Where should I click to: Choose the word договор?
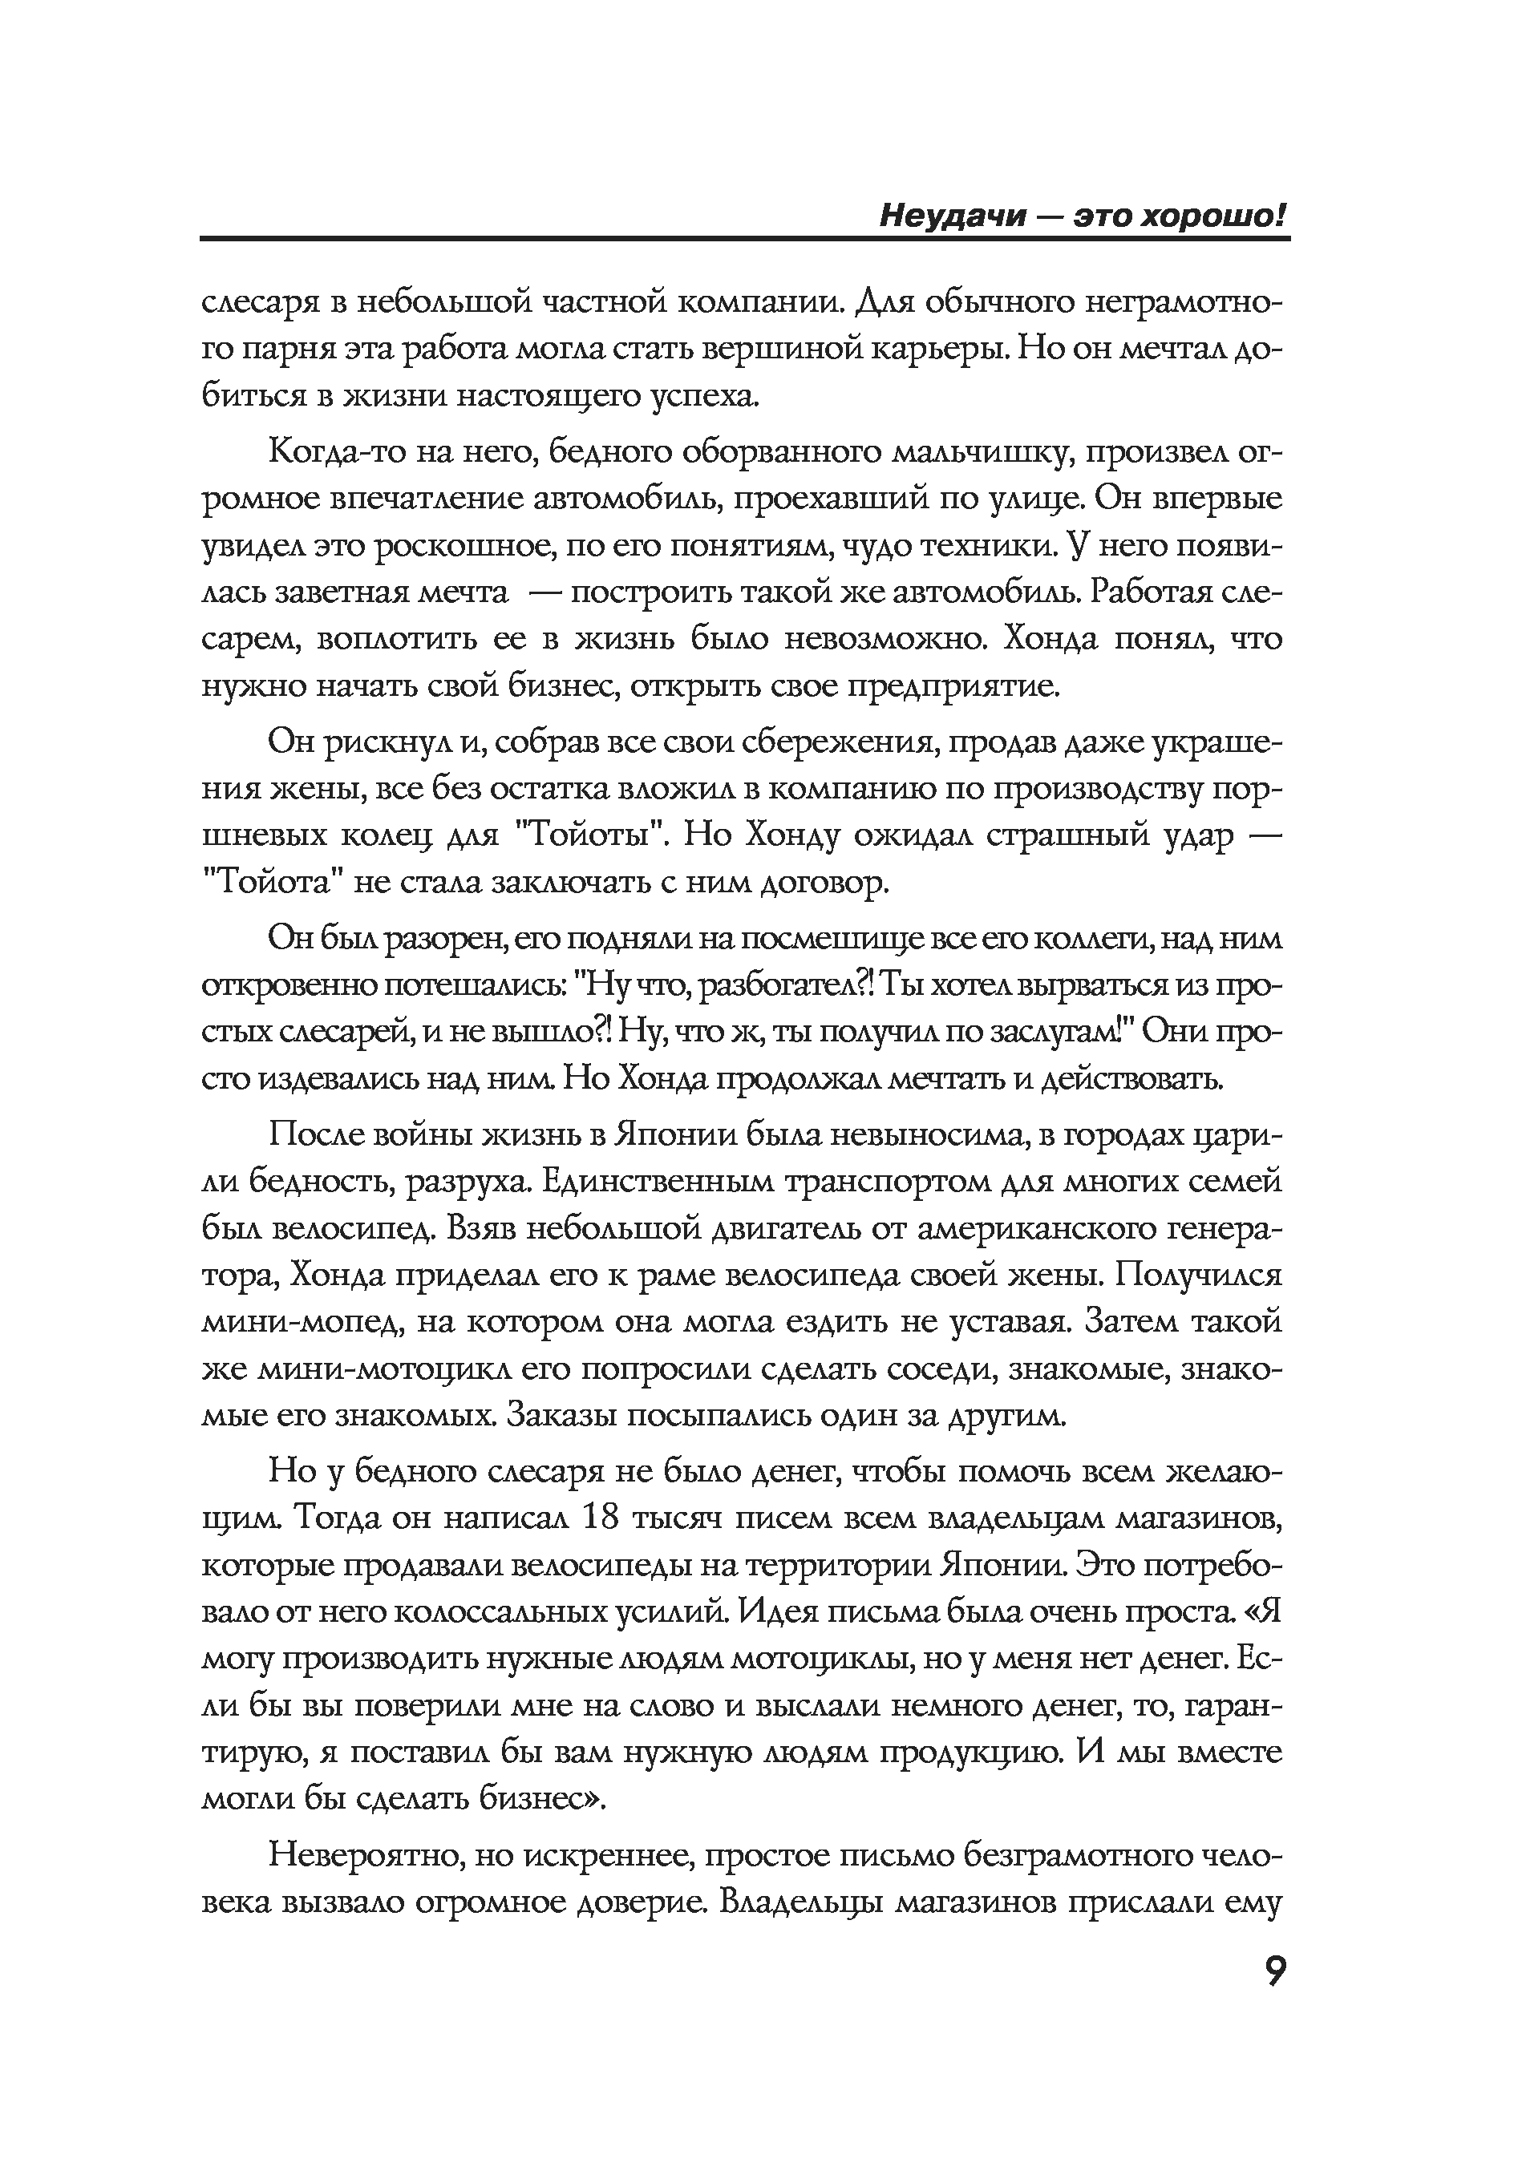click(x=824, y=883)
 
